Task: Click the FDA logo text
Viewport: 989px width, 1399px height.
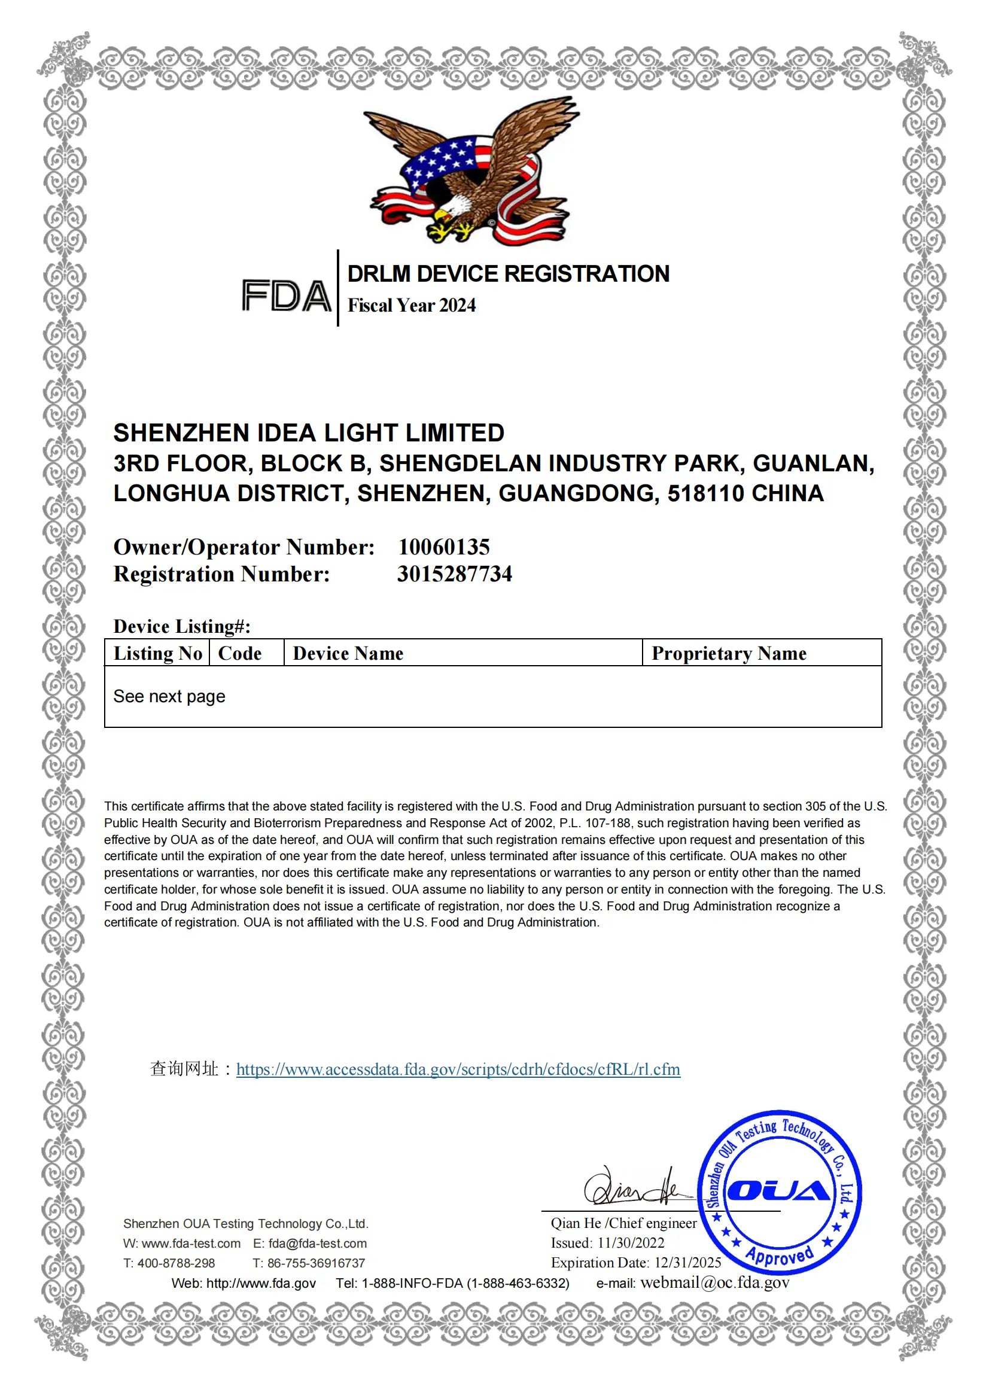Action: [286, 295]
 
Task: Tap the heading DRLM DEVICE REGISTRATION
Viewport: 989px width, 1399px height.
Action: [507, 274]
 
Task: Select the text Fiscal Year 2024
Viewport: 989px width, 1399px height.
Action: [411, 305]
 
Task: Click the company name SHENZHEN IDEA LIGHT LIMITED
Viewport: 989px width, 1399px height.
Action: [308, 432]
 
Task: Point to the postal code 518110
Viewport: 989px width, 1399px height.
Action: [705, 493]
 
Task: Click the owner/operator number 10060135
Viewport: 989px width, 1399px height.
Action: [443, 547]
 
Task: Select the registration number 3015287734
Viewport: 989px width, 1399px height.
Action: [455, 574]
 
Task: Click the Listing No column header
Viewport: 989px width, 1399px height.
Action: [158, 653]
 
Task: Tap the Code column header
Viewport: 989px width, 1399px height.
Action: [239, 653]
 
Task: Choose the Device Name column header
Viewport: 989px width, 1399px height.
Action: [348, 653]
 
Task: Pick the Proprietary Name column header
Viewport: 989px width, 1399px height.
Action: [728, 653]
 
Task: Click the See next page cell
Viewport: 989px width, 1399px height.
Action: [169, 696]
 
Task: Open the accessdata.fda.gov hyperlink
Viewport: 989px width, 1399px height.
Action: [458, 1069]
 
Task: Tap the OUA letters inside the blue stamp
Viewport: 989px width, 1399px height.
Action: [779, 1190]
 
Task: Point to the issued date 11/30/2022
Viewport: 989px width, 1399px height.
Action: [631, 1243]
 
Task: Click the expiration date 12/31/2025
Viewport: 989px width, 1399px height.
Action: [687, 1263]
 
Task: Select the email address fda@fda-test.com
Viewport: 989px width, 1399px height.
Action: [318, 1243]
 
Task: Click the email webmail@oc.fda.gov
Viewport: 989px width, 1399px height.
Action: [714, 1282]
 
